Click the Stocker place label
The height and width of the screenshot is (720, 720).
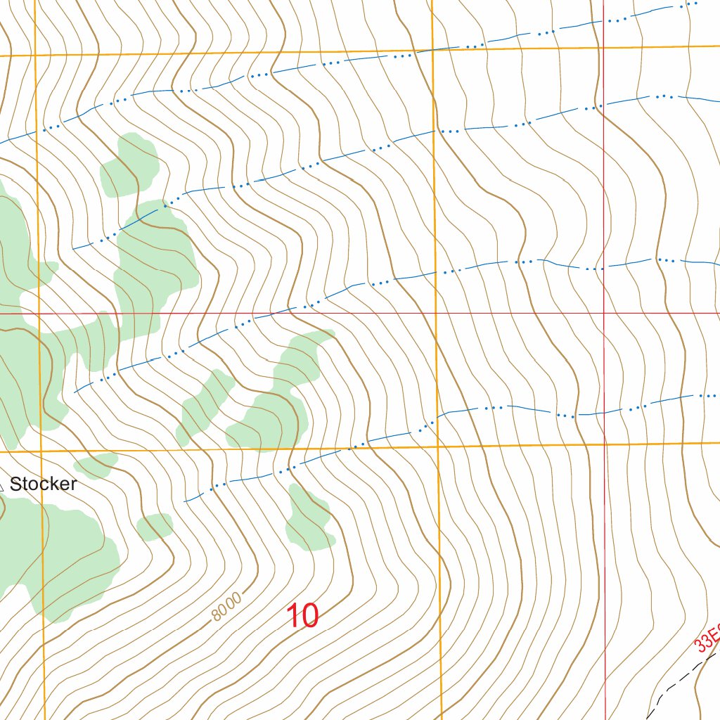(43, 484)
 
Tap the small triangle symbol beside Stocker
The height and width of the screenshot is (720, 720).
(1, 485)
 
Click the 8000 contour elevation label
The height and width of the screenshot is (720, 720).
(226, 607)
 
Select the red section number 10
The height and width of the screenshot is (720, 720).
(303, 617)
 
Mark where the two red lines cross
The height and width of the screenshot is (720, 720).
(604, 313)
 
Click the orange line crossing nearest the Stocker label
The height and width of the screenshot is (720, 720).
(41, 451)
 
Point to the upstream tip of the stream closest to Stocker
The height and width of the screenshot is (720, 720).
(185, 501)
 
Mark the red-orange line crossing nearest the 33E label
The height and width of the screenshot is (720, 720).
(605, 444)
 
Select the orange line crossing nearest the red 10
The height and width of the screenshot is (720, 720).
(439, 446)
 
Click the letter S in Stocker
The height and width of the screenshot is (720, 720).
(15, 484)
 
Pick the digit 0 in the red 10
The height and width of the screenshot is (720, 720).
(310, 617)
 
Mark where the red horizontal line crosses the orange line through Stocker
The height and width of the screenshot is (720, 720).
(38, 313)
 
